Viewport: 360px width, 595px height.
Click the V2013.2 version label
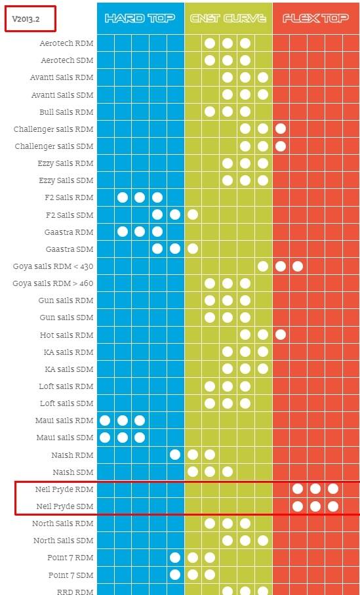pyautogui.click(x=26, y=18)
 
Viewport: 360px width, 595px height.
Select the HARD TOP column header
pyautogui.click(x=140, y=18)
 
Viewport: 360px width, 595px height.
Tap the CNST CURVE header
pyautogui.click(x=228, y=18)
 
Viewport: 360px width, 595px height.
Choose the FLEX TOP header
pyautogui.click(x=315, y=18)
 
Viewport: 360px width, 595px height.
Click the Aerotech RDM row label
pyautogui.click(x=66, y=43)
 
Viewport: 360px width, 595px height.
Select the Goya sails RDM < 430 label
pyautogui.click(x=53, y=267)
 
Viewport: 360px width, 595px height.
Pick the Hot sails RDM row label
pyautogui.click(x=67, y=335)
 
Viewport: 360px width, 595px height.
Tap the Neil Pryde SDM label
pyautogui.click(x=64, y=506)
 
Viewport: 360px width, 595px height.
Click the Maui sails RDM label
pyautogui.click(x=64, y=421)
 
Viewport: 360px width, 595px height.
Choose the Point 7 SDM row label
pyautogui.click(x=71, y=575)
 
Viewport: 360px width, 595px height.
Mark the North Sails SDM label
pyautogui.click(x=64, y=541)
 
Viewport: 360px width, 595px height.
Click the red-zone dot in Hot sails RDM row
pyautogui.click(x=281, y=335)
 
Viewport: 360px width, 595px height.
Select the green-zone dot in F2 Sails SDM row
pyautogui.click(x=193, y=215)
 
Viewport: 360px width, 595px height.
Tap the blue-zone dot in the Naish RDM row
pyautogui.click(x=175, y=455)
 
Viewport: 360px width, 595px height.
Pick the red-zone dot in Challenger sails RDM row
pyautogui.click(x=281, y=129)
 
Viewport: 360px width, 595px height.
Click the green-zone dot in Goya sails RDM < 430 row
pyautogui.click(x=263, y=266)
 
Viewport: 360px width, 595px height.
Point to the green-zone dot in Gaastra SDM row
pyautogui.click(x=193, y=249)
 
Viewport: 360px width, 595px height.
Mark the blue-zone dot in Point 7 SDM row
pyautogui.click(x=175, y=575)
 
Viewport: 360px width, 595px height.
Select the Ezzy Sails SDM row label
pyautogui.click(x=66, y=180)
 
